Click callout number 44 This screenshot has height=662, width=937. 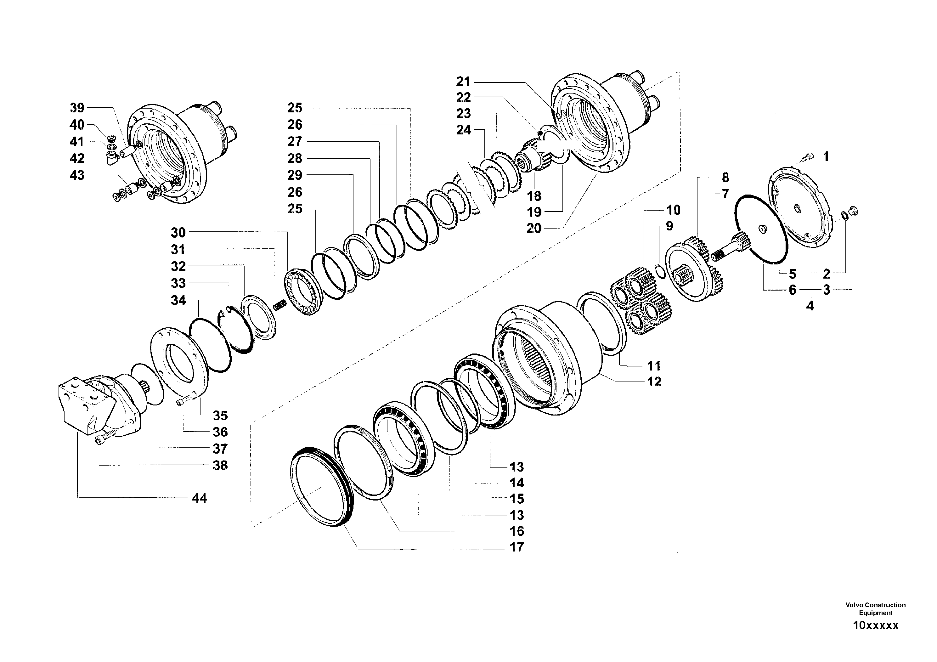pos(199,498)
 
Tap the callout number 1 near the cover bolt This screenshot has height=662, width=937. pos(826,156)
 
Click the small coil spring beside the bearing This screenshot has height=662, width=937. pos(279,304)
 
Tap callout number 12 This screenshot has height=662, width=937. pos(654,381)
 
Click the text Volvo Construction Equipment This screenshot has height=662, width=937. pos(875,608)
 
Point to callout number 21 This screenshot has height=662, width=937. pos(463,82)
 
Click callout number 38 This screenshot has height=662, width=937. pos(220,465)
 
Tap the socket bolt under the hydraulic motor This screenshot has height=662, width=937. pos(102,440)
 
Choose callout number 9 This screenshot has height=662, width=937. pos(669,226)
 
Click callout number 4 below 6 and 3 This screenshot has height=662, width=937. pos(810,305)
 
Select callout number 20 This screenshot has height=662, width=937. pos(534,228)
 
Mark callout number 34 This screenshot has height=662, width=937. pos(178,300)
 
